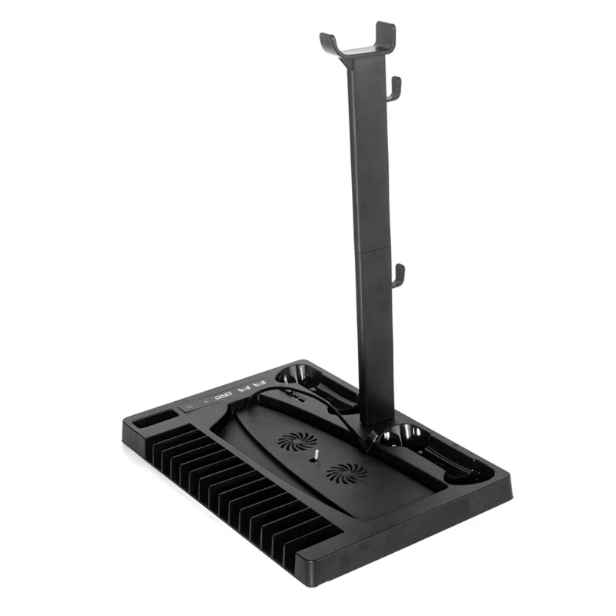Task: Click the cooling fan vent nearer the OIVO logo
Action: click(x=297, y=441)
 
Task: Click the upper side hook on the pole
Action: click(x=394, y=89)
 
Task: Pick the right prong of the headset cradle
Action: click(x=384, y=35)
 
